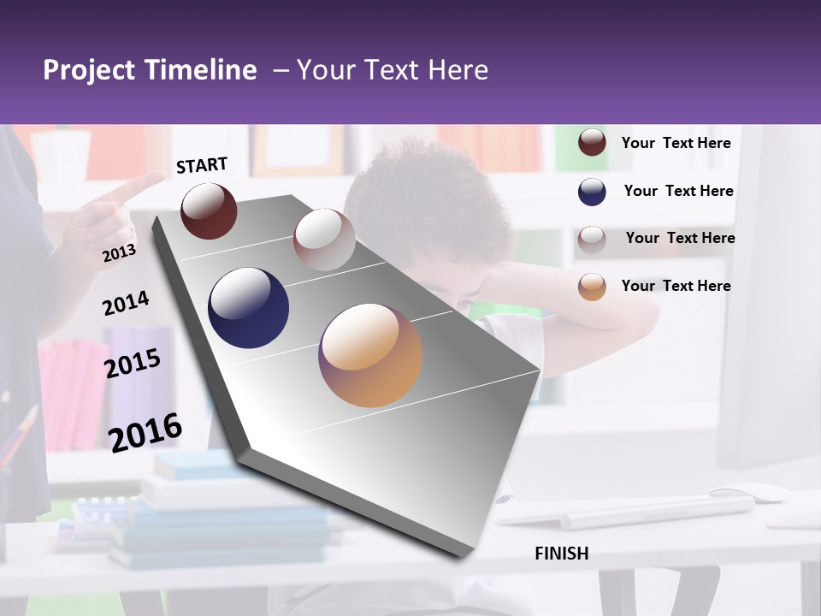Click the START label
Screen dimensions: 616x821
[202, 165]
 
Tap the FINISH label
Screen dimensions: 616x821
[562, 554]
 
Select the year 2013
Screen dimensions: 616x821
[119, 252]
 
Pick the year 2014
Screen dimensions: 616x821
[126, 303]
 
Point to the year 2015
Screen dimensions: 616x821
[133, 363]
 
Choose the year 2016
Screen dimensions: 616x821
[145, 432]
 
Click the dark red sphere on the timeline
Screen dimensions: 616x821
[209, 210]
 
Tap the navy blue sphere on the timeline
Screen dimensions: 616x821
[249, 308]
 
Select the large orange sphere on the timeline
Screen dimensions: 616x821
[370, 354]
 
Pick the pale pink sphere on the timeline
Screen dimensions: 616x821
[324, 239]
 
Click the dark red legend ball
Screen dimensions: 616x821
[592, 143]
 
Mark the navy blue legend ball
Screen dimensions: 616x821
[592, 192]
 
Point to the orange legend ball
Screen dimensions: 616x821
[592, 287]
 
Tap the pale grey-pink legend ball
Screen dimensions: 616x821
[592, 239]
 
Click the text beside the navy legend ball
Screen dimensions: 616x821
[679, 191]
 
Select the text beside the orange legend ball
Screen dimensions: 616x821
[676, 286]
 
